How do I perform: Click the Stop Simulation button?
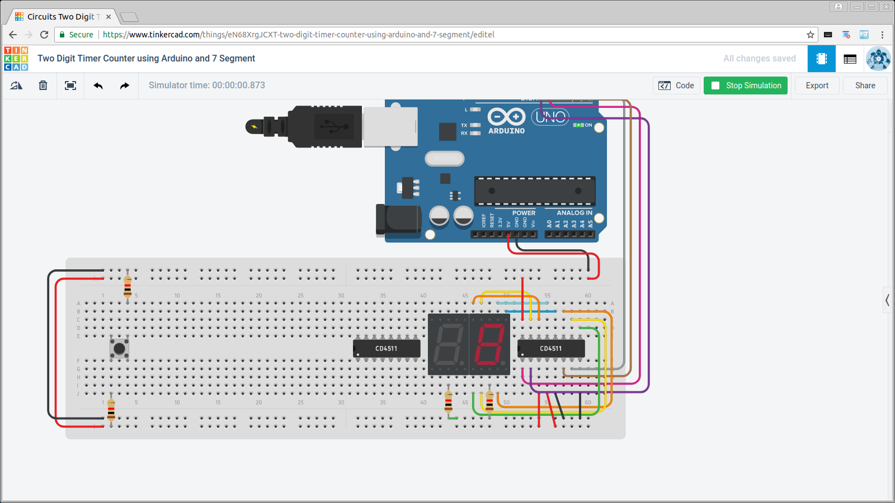click(745, 86)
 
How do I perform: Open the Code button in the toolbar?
click(676, 86)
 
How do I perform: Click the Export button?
click(817, 86)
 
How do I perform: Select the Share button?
click(865, 86)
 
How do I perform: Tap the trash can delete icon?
click(43, 86)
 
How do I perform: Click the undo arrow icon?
click(98, 86)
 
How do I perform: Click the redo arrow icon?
click(124, 86)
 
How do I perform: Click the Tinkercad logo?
click(16, 59)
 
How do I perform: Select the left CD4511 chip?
click(387, 348)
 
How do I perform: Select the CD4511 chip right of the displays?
click(551, 348)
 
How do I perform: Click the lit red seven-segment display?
click(489, 344)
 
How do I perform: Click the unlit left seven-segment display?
click(448, 344)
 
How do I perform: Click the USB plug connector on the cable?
click(324, 127)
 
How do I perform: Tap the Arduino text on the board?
click(506, 131)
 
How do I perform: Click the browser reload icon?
click(44, 35)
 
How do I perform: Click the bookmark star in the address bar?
click(810, 35)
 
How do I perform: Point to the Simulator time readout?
click(206, 86)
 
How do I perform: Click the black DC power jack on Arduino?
click(398, 220)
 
